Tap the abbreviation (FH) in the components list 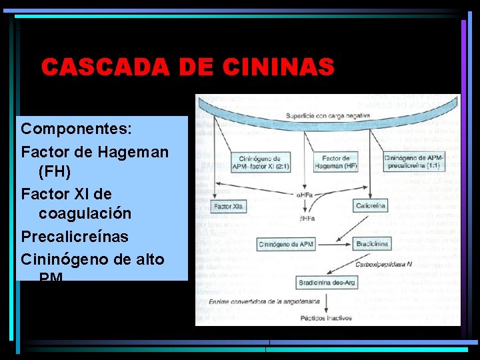(x=55, y=171)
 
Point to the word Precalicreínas (x=75, y=237)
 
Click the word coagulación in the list (x=85, y=214)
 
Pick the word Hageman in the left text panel (x=133, y=151)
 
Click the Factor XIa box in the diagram (x=229, y=207)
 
